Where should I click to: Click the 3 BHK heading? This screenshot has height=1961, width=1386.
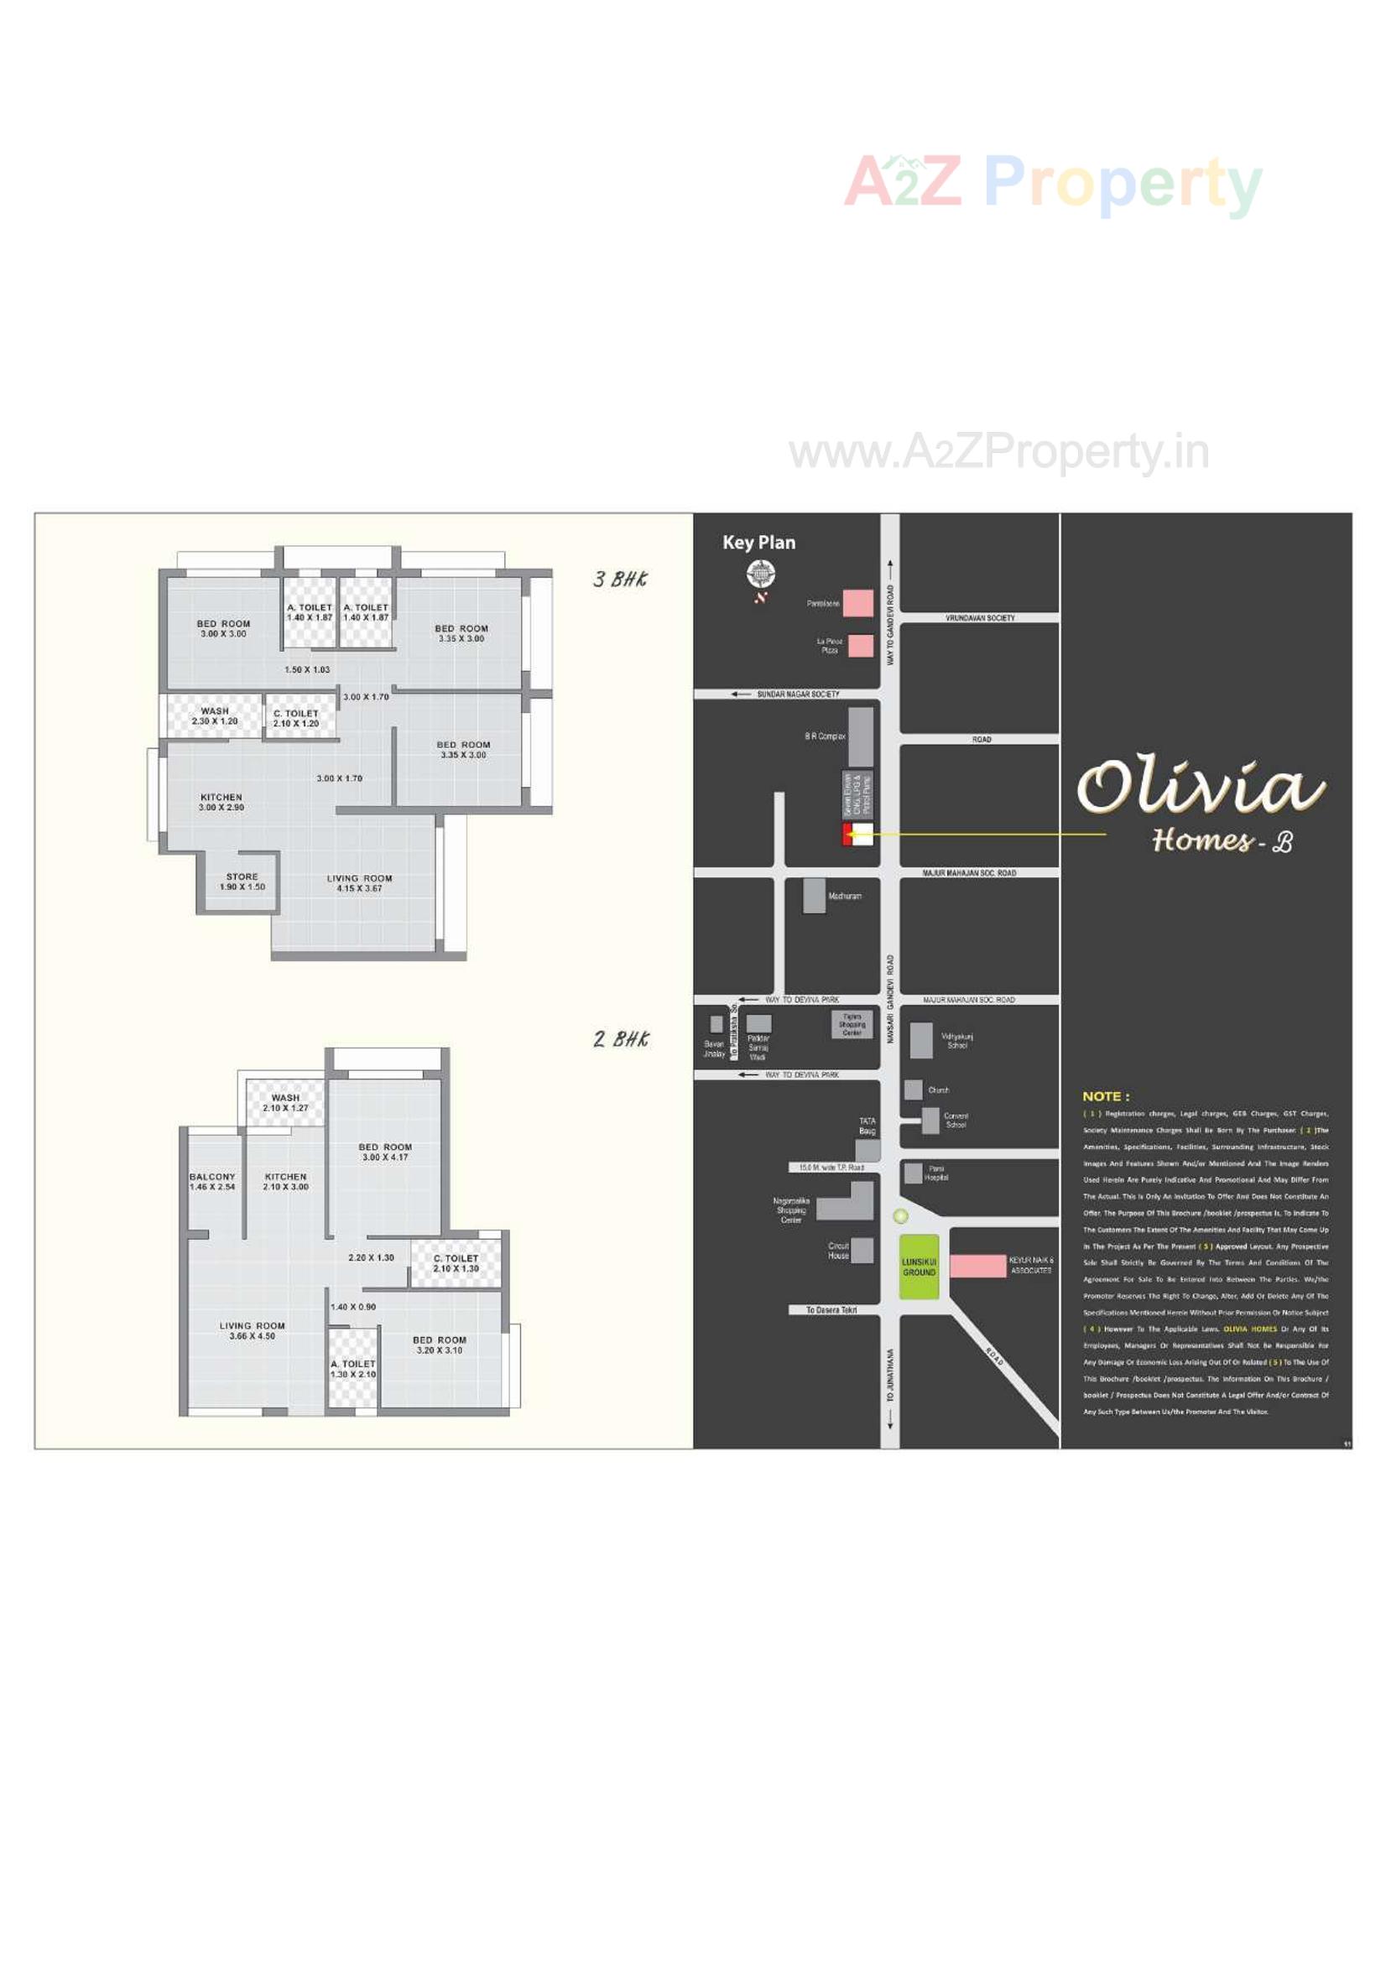(620, 579)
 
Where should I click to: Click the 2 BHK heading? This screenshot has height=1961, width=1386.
(621, 1038)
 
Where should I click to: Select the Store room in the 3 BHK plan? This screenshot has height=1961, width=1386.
(242, 882)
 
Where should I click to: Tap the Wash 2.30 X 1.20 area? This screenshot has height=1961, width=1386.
(215, 715)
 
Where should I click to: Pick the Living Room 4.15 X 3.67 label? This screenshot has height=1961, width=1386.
(359, 883)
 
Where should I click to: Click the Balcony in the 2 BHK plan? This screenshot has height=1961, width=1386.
(212, 1181)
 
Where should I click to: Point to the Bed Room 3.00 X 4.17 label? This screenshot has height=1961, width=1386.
(384, 1152)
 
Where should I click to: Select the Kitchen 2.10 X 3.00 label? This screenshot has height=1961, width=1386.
(285, 1181)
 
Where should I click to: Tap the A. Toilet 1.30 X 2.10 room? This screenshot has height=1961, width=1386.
(353, 1369)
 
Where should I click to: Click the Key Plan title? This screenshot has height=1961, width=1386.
(758, 543)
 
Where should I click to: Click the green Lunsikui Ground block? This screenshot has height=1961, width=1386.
(919, 1267)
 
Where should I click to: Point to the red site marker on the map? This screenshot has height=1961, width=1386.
(847, 835)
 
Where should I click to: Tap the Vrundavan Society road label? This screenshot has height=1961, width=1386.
(979, 617)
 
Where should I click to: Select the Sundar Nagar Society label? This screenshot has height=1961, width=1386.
(797, 694)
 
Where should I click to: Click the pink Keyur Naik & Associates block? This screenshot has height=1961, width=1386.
(977, 1266)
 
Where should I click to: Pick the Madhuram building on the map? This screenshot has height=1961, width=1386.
(814, 896)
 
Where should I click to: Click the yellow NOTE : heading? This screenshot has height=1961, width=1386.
(1105, 1095)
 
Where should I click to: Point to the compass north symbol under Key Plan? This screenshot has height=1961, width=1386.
(759, 575)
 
